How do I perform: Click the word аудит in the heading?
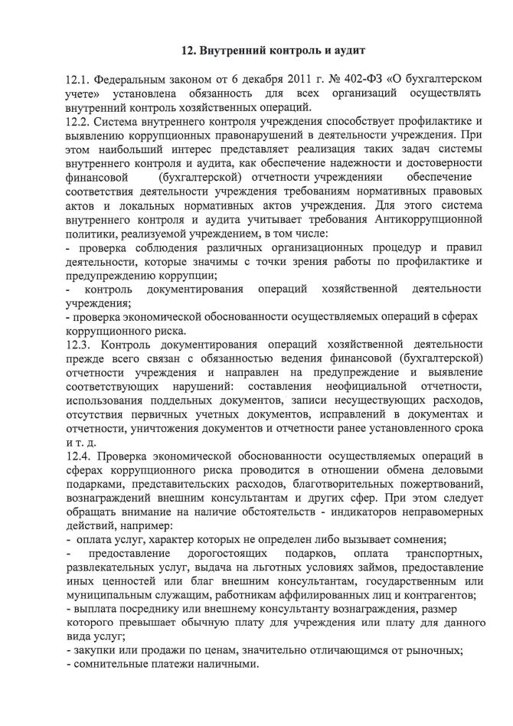pos(338,51)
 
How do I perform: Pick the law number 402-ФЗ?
pos(358,80)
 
